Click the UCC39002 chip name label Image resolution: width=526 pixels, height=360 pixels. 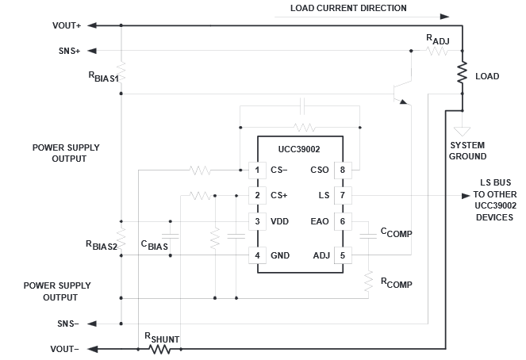coord(299,148)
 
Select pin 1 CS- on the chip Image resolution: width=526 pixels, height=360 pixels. coord(256,170)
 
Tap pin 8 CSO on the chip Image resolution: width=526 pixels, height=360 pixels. coord(343,170)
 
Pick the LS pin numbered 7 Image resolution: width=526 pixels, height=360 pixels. coord(343,195)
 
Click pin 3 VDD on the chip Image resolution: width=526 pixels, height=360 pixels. coord(256,221)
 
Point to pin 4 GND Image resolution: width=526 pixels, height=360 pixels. coord(256,255)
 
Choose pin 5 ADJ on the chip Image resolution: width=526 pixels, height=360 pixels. coord(343,255)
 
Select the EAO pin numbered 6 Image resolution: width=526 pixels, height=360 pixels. coord(343,221)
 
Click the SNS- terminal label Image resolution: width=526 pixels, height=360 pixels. coord(68,324)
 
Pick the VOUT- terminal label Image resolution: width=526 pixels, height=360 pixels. coord(65,349)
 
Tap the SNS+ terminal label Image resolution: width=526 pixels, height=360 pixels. coord(68,51)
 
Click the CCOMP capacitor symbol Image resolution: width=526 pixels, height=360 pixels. coord(368,236)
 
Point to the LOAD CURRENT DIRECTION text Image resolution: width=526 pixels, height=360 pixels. coord(339,8)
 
